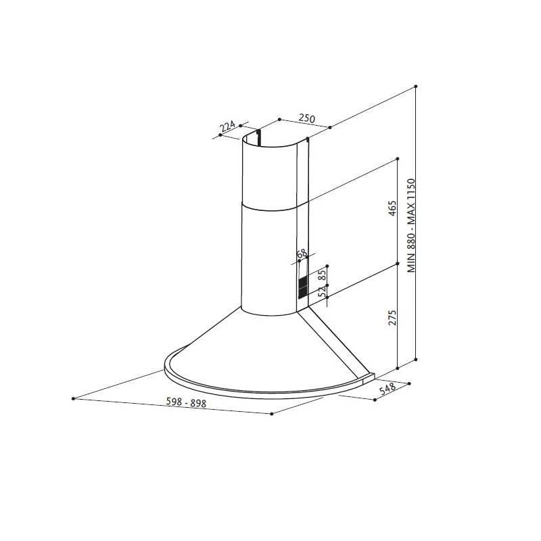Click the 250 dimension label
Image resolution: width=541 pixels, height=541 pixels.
[x=307, y=118]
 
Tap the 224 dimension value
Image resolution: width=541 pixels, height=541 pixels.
[x=227, y=126]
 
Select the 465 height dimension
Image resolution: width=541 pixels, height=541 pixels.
[x=392, y=208]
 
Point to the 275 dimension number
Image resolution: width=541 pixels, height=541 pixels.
[x=392, y=317]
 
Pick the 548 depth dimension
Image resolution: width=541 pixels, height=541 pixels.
[x=387, y=390]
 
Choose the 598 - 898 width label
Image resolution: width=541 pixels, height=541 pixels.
[x=187, y=402]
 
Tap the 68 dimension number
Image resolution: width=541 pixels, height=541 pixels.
[x=302, y=254]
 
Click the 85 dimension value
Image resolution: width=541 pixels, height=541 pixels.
[x=322, y=275]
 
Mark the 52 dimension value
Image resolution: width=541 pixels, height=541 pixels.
[x=322, y=291]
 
